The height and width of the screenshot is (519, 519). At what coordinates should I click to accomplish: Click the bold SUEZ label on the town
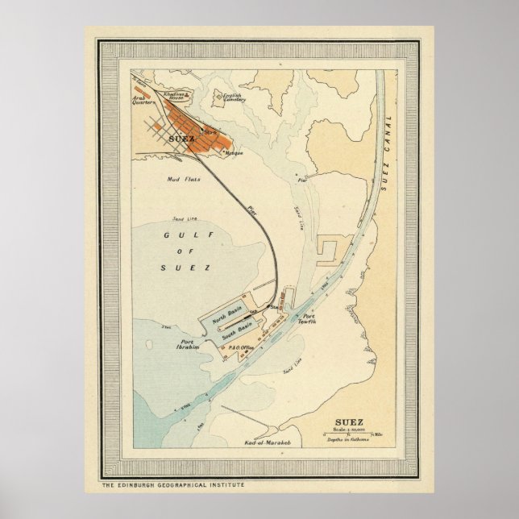pos(182,138)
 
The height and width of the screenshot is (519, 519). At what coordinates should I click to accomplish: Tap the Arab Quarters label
pos(143,102)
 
